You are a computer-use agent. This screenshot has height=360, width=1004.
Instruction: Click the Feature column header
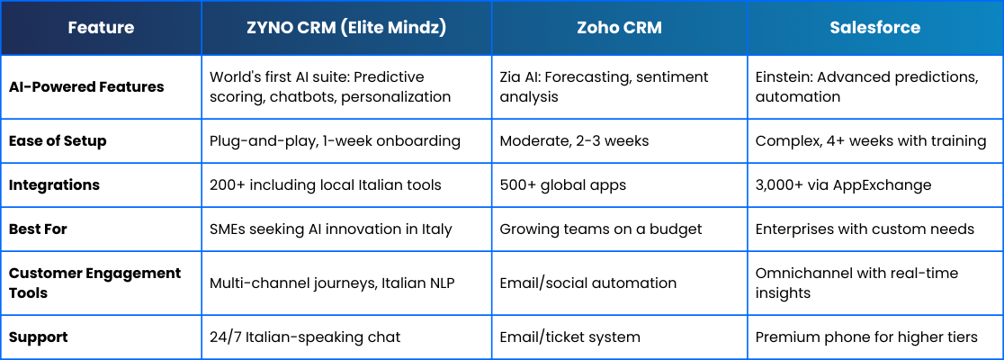pyautogui.click(x=101, y=28)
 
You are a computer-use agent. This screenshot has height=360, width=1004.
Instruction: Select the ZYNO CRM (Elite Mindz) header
pyautogui.click(x=346, y=28)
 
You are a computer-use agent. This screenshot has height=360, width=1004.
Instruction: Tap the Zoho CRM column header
pyautogui.click(x=619, y=28)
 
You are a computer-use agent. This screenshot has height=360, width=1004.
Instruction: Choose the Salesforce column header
pyautogui.click(x=874, y=28)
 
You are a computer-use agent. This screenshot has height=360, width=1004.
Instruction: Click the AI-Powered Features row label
pyautogui.click(x=86, y=87)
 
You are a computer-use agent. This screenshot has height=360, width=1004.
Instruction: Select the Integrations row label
pyautogui.click(x=54, y=185)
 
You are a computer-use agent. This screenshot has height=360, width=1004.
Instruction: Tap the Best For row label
pyautogui.click(x=38, y=229)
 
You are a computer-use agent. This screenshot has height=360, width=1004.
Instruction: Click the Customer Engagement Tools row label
pyautogui.click(x=94, y=283)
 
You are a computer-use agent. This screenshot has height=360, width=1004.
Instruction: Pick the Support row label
pyautogui.click(x=39, y=337)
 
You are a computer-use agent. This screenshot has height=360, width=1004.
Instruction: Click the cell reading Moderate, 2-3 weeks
pyautogui.click(x=574, y=141)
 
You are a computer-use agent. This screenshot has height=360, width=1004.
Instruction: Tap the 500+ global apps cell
pyautogui.click(x=563, y=185)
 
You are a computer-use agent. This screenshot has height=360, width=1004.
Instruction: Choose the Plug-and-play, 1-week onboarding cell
pyautogui.click(x=335, y=141)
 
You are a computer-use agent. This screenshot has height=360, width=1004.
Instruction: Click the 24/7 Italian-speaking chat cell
pyautogui.click(x=305, y=337)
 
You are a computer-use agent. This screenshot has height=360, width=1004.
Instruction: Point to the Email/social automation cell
pyautogui.click(x=587, y=283)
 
